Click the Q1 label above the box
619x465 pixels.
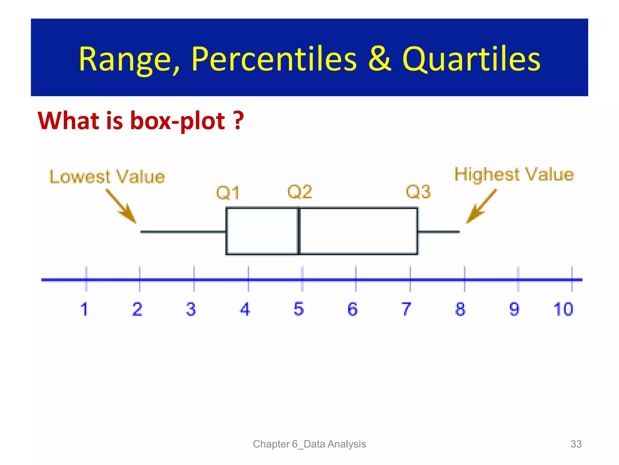[x=228, y=193]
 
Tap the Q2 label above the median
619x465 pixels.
[x=300, y=192]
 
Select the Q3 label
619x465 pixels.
[x=418, y=192]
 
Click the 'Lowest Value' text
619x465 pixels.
[x=107, y=177]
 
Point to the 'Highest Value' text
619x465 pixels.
[x=514, y=174]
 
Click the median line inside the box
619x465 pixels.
[x=299, y=231]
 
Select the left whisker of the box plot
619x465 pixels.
[x=183, y=232]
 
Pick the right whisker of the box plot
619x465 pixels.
[x=439, y=232]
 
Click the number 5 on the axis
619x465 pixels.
[x=299, y=309]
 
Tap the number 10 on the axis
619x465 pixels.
[x=563, y=309]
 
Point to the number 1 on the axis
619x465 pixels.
[x=84, y=309]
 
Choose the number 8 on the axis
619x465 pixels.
[x=460, y=309]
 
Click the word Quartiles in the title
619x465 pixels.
[x=471, y=59]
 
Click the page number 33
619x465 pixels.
[x=576, y=444]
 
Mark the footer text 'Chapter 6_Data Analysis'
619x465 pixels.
[x=309, y=444]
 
